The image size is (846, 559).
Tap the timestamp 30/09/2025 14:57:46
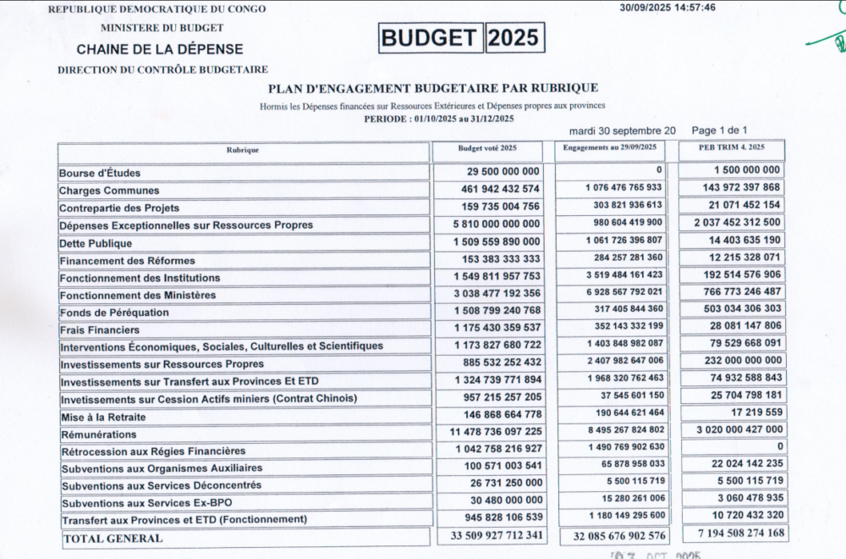pos(667,8)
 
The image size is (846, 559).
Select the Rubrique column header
pos(243,150)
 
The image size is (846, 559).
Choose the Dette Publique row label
pos(96,243)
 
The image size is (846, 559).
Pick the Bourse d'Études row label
pos(100,174)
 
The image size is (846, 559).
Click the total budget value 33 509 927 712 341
pos(492,535)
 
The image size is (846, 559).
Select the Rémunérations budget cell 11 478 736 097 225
pos(493,431)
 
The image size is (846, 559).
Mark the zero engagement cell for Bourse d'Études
pos(658,170)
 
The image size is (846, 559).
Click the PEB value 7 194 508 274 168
pos(733,534)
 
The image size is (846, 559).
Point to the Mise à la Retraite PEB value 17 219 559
pos(753,412)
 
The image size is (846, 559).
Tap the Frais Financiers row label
pos(100,329)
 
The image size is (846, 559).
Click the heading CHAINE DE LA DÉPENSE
pos(159,49)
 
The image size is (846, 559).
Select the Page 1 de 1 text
pos(719,130)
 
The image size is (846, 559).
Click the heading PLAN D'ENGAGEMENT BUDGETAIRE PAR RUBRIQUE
pos(432,87)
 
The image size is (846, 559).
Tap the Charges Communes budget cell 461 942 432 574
pos(491,188)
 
